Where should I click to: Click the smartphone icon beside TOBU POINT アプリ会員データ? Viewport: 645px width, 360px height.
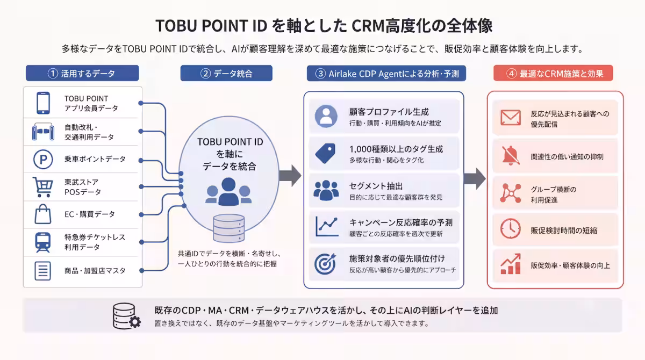[43, 103]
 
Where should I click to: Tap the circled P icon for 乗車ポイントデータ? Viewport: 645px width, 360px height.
[43, 159]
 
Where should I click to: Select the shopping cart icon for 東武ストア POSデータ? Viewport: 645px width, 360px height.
[43, 187]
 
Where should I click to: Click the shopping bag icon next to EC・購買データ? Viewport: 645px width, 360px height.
[43, 214]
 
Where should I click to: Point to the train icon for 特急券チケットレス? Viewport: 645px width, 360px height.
[43, 242]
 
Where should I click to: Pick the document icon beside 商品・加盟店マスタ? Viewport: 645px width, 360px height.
[42, 271]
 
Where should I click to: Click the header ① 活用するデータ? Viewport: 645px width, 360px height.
[82, 74]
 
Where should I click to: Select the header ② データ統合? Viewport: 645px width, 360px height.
[226, 74]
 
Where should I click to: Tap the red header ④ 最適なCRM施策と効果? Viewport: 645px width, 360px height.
[553, 74]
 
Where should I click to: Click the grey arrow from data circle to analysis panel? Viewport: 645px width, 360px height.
[290, 176]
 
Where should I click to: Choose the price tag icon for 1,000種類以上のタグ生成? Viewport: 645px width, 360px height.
[325, 153]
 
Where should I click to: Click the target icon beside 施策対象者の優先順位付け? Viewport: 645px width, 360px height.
[325, 264]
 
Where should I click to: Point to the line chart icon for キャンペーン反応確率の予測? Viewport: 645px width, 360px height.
[327, 226]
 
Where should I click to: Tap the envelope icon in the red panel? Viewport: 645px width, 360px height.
[511, 118]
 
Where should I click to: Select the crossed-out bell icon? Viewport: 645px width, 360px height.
[511, 156]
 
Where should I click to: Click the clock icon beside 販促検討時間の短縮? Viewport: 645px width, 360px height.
[510, 229]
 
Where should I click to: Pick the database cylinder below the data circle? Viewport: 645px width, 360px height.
[229, 228]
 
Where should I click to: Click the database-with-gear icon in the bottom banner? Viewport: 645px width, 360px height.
[127, 316]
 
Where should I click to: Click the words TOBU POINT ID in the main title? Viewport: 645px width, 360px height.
[211, 26]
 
